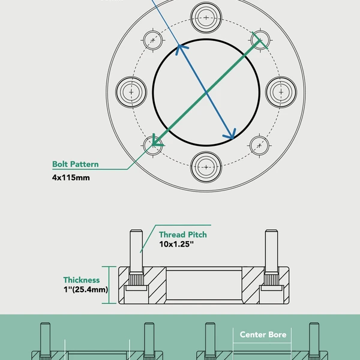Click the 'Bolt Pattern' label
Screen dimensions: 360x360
click(76, 164)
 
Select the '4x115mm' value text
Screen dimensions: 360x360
click(71, 178)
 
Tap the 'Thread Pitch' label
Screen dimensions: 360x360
click(182, 235)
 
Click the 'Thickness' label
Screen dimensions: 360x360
click(82, 280)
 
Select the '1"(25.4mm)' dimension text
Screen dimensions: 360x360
click(86, 290)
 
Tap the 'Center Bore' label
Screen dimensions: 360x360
click(263, 334)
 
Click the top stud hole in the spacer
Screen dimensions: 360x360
click(206, 17)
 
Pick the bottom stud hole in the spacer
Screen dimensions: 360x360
click(206, 166)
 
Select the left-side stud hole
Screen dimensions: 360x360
click(130, 92)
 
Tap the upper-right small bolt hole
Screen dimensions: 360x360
click(259, 40)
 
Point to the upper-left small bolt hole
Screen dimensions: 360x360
click(154, 40)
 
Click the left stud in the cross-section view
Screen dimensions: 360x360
click(136, 249)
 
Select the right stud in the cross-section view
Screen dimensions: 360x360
click(272, 249)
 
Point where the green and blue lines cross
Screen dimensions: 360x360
click(206, 92)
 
